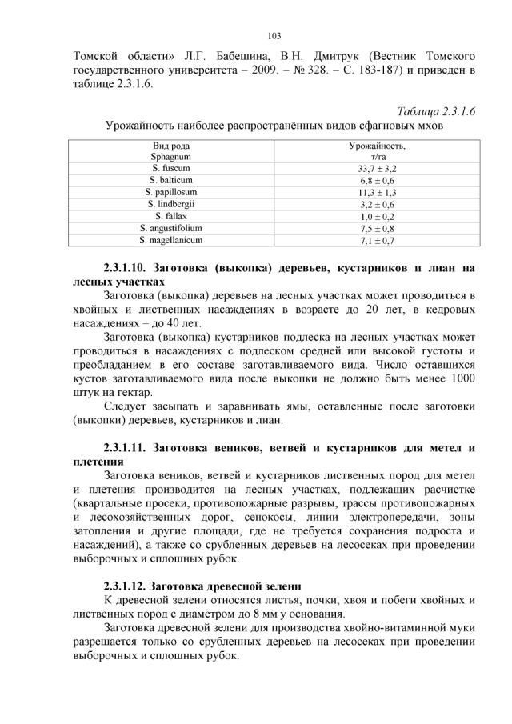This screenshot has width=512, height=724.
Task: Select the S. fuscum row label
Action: [x=170, y=170]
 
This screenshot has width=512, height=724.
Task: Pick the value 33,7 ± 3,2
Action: [x=377, y=170]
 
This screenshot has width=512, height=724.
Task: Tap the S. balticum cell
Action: [x=170, y=182]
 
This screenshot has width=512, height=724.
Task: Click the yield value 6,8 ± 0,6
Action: [x=377, y=182]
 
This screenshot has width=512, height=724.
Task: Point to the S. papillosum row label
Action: [x=170, y=193]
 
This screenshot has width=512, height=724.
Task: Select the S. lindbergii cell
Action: [x=170, y=205]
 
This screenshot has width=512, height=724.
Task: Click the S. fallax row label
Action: [x=170, y=216]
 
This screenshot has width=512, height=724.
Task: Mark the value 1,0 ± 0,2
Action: [x=377, y=217]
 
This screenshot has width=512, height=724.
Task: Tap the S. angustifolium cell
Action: [x=170, y=228]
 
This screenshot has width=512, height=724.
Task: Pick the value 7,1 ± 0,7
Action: [x=377, y=240]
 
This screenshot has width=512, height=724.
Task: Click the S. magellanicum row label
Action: [x=170, y=239]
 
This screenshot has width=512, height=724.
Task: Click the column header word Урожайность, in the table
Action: [x=377, y=146]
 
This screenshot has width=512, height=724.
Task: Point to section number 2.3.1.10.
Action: [x=131, y=268]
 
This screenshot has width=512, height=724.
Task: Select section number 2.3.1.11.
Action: [x=131, y=447]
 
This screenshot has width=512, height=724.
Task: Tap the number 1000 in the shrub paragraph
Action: [x=462, y=378]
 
